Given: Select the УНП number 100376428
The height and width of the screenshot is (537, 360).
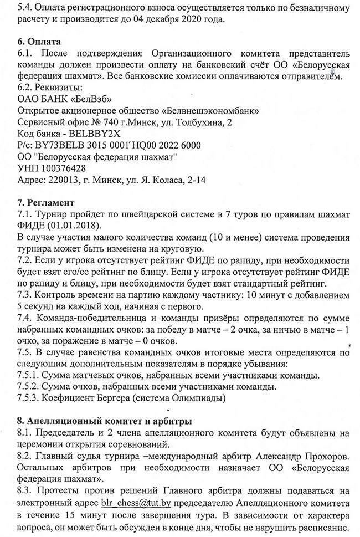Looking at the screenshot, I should point(60,168).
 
